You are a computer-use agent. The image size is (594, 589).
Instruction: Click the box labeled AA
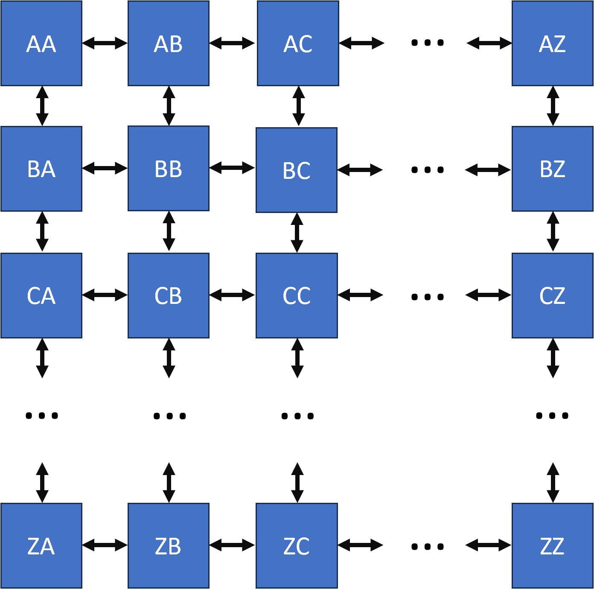coord(41,43)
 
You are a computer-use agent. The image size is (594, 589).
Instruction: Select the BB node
coord(169,168)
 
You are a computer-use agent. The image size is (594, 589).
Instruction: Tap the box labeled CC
coord(297,295)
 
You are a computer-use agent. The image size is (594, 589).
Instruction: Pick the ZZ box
coord(553,545)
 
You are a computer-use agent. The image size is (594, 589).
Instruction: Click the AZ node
coord(553,43)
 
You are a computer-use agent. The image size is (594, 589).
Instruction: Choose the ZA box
coord(41,545)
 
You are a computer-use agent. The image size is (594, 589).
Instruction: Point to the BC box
coord(297,170)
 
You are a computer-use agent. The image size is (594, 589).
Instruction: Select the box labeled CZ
coord(553,295)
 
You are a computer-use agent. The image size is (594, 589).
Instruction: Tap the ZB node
coord(169,545)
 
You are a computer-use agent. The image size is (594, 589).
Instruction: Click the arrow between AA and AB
coord(105,43)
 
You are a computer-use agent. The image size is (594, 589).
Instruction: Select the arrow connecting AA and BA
coord(42,106)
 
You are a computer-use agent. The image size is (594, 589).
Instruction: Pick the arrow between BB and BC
coord(232,168)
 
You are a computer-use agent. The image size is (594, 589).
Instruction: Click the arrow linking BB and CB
coord(169,231)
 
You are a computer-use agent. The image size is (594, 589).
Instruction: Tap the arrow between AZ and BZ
coord(553,106)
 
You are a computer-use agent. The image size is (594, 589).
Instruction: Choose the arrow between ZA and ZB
coord(105,545)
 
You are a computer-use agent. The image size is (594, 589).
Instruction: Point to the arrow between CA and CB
coord(105,295)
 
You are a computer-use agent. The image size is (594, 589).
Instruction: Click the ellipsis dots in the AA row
coord(427,43)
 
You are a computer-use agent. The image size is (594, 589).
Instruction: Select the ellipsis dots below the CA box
coord(42,415)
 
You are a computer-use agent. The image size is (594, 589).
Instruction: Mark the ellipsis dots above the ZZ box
coord(552,415)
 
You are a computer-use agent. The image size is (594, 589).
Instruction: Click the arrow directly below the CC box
coord(297,358)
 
